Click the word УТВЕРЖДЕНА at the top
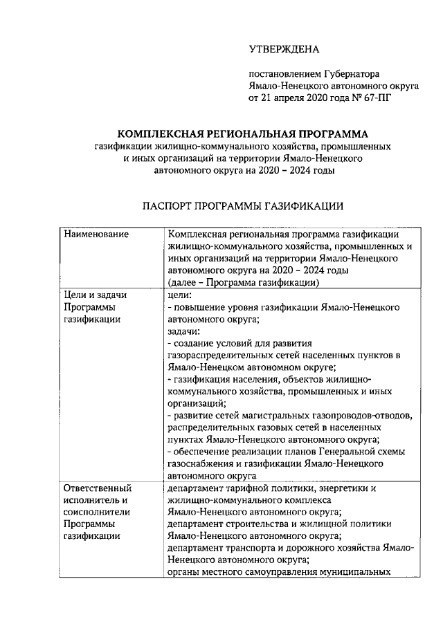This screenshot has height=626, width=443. click(284, 49)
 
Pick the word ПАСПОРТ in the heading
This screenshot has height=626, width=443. click(168, 206)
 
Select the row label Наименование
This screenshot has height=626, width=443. click(96, 234)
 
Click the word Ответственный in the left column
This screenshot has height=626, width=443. click(95, 488)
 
